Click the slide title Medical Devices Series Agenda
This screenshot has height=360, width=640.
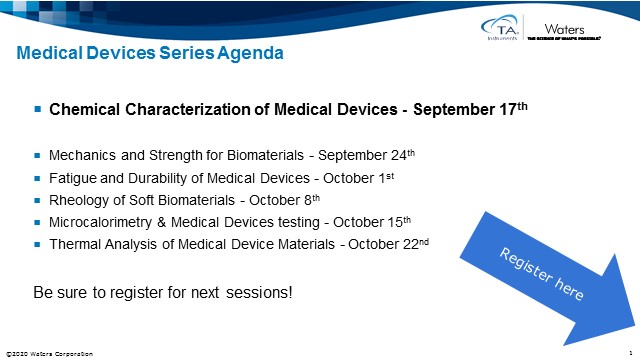point(149,52)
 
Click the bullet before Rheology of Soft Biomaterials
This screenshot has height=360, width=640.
point(37,200)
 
